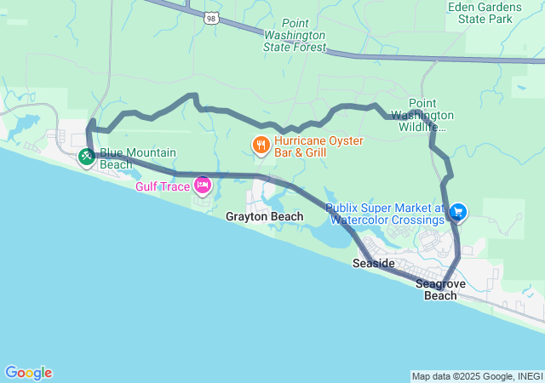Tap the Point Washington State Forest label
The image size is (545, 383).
pyautogui.click(x=295, y=35)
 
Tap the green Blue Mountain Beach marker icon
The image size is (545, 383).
pyautogui.click(x=87, y=157)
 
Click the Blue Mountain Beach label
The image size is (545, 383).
pyautogui.click(x=138, y=158)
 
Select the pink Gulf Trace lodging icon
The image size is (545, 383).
pyautogui.click(x=203, y=185)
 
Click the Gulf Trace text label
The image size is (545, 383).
pyautogui.click(x=163, y=186)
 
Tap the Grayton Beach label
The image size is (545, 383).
pyautogui.click(x=264, y=217)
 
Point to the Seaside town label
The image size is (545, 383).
pyautogui.click(x=373, y=264)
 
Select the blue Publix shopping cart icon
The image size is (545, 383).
pyautogui.click(x=458, y=211)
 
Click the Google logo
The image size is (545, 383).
pyautogui.click(x=28, y=373)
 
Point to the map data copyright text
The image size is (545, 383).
pyautogui.click(x=476, y=376)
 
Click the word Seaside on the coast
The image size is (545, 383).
pyautogui.click(x=373, y=264)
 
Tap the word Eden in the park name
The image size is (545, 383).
pyautogui.click(x=463, y=6)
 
